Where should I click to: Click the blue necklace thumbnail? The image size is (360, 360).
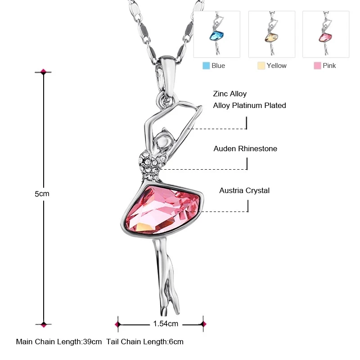pyautogui.click(x=217, y=34)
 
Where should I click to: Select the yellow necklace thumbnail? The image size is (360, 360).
pyautogui.click(x=271, y=34)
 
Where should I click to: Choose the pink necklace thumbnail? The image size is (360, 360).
pyautogui.click(x=326, y=34)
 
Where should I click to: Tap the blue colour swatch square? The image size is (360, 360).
pyautogui.click(x=206, y=66)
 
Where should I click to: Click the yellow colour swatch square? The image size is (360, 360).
pyautogui.click(x=261, y=66)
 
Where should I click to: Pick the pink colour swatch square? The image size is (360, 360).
pyautogui.click(x=317, y=66)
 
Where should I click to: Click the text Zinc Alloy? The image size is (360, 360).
pyautogui.click(x=230, y=94)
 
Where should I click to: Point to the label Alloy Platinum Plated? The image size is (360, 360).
pyautogui.click(x=250, y=105)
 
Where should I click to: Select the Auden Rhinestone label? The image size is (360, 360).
pyautogui.click(x=245, y=148)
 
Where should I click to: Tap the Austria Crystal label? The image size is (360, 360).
pyautogui.click(x=244, y=190)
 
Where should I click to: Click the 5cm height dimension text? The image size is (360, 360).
pyautogui.click(x=42, y=194)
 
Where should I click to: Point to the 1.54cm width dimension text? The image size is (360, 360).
pyautogui.click(x=166, y=324)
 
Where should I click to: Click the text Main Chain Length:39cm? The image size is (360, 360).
pyautogui.click(x=59, y=342)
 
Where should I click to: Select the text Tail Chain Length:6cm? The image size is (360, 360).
pyautogui.click(x=145, y=342)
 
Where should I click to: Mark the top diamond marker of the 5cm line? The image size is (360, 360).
pyautogui.click(x=44, y=72)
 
